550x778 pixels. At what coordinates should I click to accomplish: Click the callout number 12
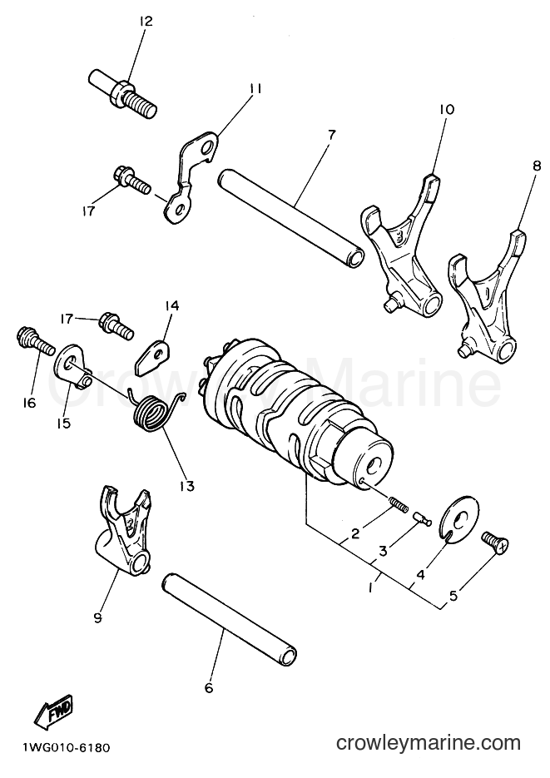click(146, 22)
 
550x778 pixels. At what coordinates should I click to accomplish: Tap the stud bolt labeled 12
click(122, 93)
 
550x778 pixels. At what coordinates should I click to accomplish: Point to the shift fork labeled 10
click(401, 244)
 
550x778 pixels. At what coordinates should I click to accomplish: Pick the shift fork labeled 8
click(485, 295)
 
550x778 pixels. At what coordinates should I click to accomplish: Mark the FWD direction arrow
click(53, 711)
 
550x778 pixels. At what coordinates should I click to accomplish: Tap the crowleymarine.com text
click(429, 743)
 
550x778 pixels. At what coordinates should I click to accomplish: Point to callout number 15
click(63, 424)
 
